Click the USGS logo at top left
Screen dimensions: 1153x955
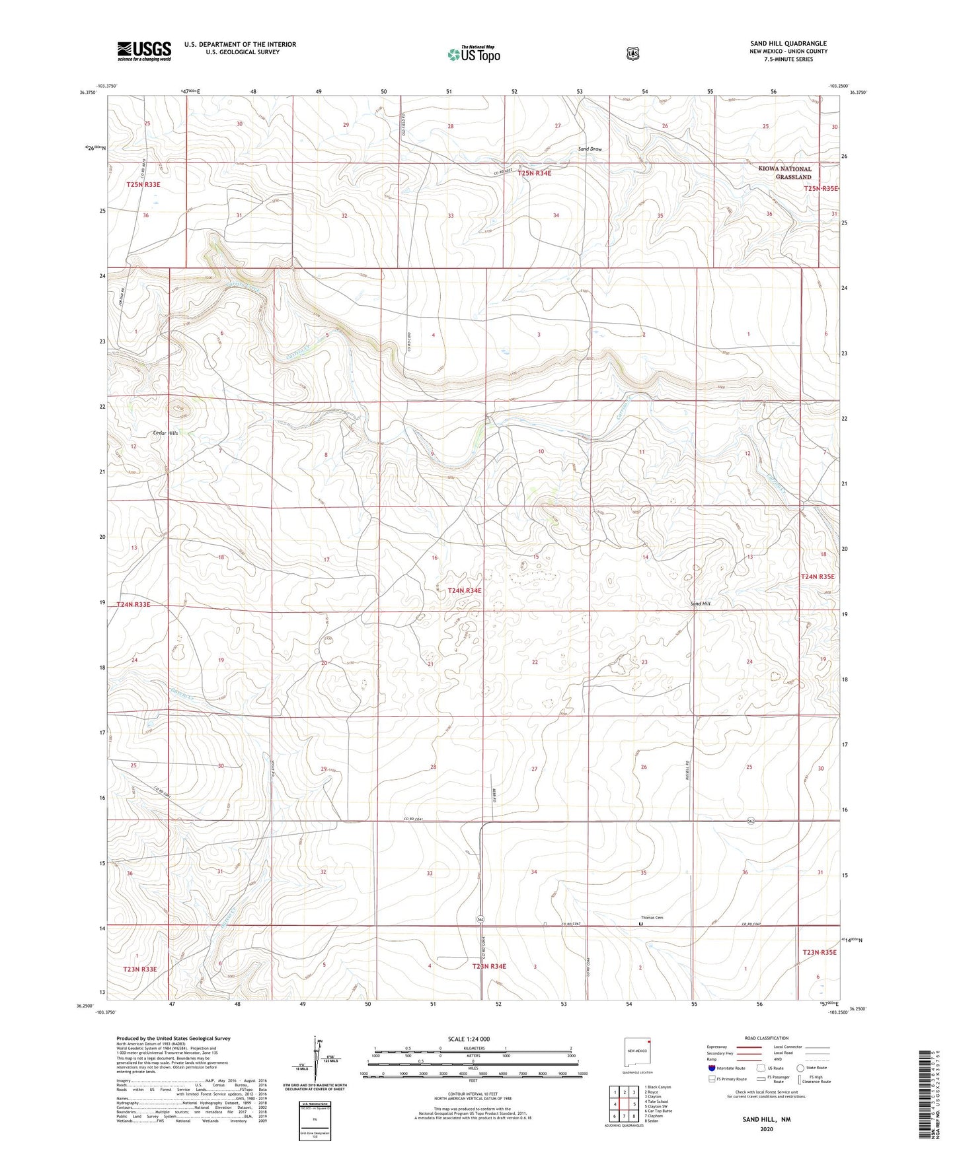pyautogui.click(x=144, y=51)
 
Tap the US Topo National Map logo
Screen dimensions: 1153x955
pyautogui.click(x=473, y=54)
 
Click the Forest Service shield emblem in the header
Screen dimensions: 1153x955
pyautogui.click(x=632, y=53)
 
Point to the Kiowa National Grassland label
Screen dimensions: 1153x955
pyautogui.click(x=784, y=173)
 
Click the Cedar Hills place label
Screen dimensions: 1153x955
pyautogui.click(x=165, y=433)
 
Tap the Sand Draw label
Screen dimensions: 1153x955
pyautogui.click(x=590, y=149)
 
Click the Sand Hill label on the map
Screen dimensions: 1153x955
pyautogui.click(x=701, y=604)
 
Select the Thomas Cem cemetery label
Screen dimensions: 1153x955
pyautogui.click(x=652, y=917)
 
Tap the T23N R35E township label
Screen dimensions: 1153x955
pyautogui.click(x=820, y=952)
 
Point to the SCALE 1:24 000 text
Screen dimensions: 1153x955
pyautogui.click(x=469, y=1039)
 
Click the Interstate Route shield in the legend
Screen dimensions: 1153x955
pyautogui.click(x=711, y=1068)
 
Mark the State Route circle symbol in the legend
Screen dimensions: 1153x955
pyautogui.click(x=800, y=1068)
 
